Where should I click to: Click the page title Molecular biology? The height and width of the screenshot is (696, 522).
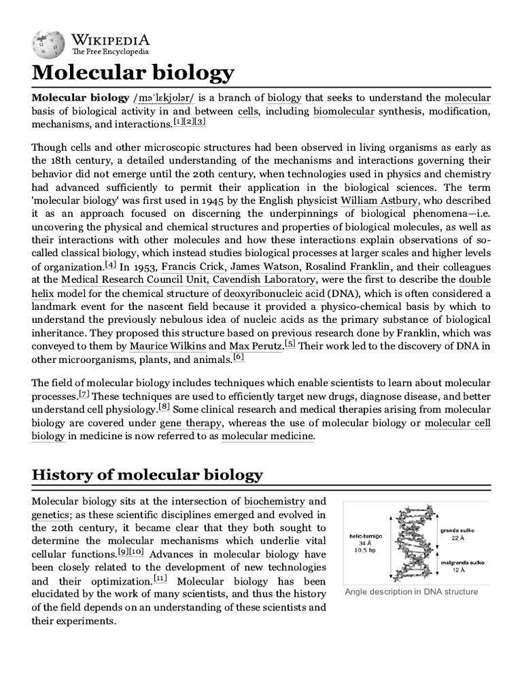click(133, 73)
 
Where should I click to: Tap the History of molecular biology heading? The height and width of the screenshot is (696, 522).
click(147, 474)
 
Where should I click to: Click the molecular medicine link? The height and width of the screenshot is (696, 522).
click(268, 436)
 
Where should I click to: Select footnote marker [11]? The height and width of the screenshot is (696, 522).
click(160, 578)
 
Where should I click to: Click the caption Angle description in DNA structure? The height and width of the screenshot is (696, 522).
click(411, 591)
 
